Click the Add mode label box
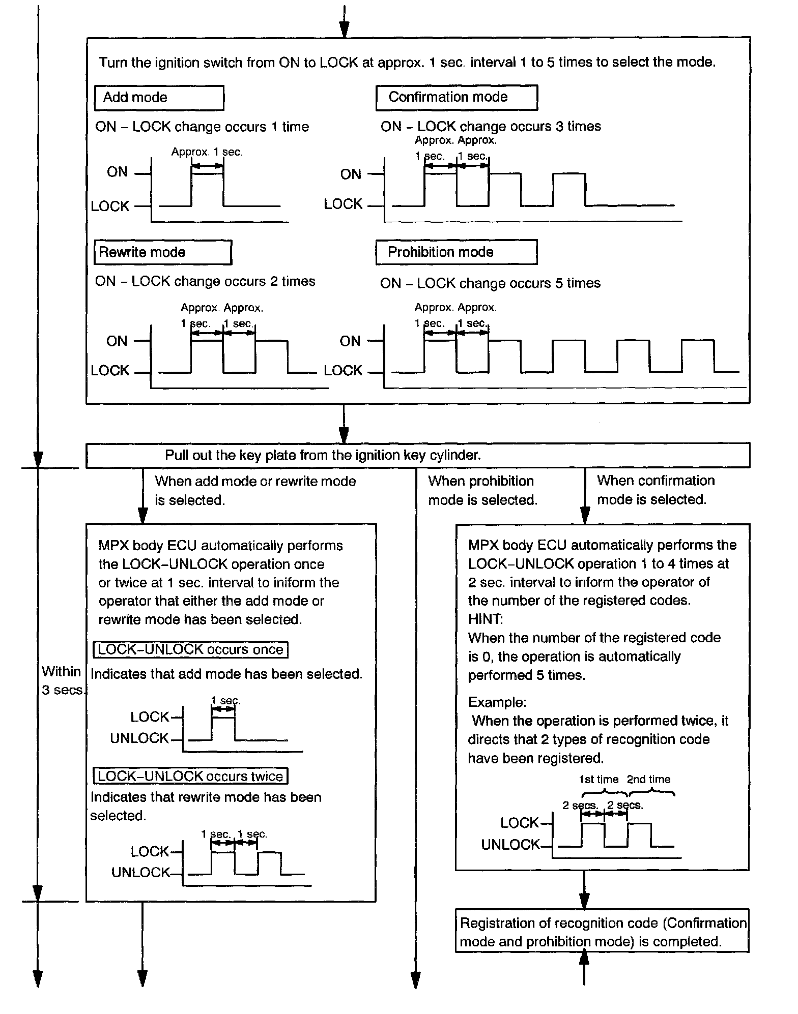click(159, 98)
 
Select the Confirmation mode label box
click(457, 97)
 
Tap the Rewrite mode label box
click(163, 252)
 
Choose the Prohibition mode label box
click(457, 252)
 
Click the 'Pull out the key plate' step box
click(418, 455)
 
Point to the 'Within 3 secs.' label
click(62, 681)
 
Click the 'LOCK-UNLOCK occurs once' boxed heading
click(190, 649)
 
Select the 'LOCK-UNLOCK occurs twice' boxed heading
click(190, 776)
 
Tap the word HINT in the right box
click(484, 619)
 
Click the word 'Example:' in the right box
click(497, 702)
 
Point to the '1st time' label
click(598, 780)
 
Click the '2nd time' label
click(648, 780)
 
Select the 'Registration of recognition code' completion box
click(602, 932)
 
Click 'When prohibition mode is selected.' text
click(482, 491)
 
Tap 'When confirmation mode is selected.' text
click(655, 490)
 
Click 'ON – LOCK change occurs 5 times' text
click(490, 283)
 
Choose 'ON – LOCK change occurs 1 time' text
click(202, 127)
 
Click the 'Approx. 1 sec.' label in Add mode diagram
click(207, 152)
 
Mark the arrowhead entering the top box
click(344, 31)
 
